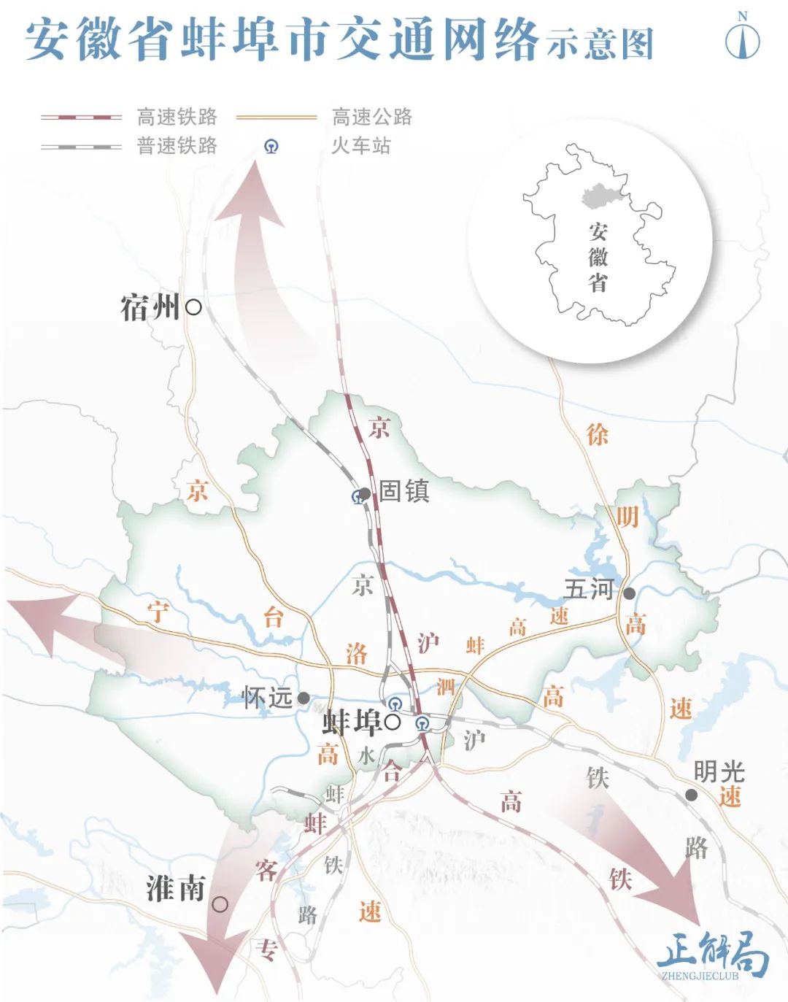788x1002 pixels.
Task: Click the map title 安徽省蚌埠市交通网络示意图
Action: point(339,40)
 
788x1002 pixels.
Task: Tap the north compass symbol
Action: point(743,39)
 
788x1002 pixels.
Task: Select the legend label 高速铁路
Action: point(177,117)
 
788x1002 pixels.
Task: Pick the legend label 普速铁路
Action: point(177,146)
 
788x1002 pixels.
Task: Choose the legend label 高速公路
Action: point(372,117)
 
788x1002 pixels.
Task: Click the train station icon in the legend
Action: point(271,147)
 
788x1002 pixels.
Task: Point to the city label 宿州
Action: point(150,307)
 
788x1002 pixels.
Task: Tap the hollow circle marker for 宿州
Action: point(193,307)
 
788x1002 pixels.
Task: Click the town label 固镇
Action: point(403,491)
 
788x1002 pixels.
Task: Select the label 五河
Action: point(589,589)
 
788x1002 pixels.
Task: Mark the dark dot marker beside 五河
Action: point(629,593)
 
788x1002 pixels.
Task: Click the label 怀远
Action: point(267,698)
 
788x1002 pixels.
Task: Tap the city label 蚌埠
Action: point(352,722)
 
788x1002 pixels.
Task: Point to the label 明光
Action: point(719,771)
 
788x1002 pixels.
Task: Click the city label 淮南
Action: point(176,889)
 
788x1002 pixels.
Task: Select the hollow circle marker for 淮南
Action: point(220,905)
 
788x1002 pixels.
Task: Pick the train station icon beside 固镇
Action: point(358,498)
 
